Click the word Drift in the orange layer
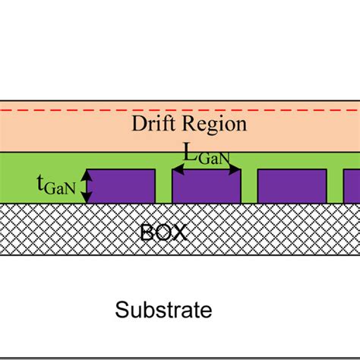click(152, 125)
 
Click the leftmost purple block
click(122, 187)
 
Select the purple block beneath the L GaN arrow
click(207, 188)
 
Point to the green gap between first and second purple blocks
click(164, 187)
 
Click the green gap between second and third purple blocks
click(249, 187)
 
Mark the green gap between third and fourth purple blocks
click(334, 187)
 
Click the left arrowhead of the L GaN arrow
click(178, 169)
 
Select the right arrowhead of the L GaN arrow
click(236, 169)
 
